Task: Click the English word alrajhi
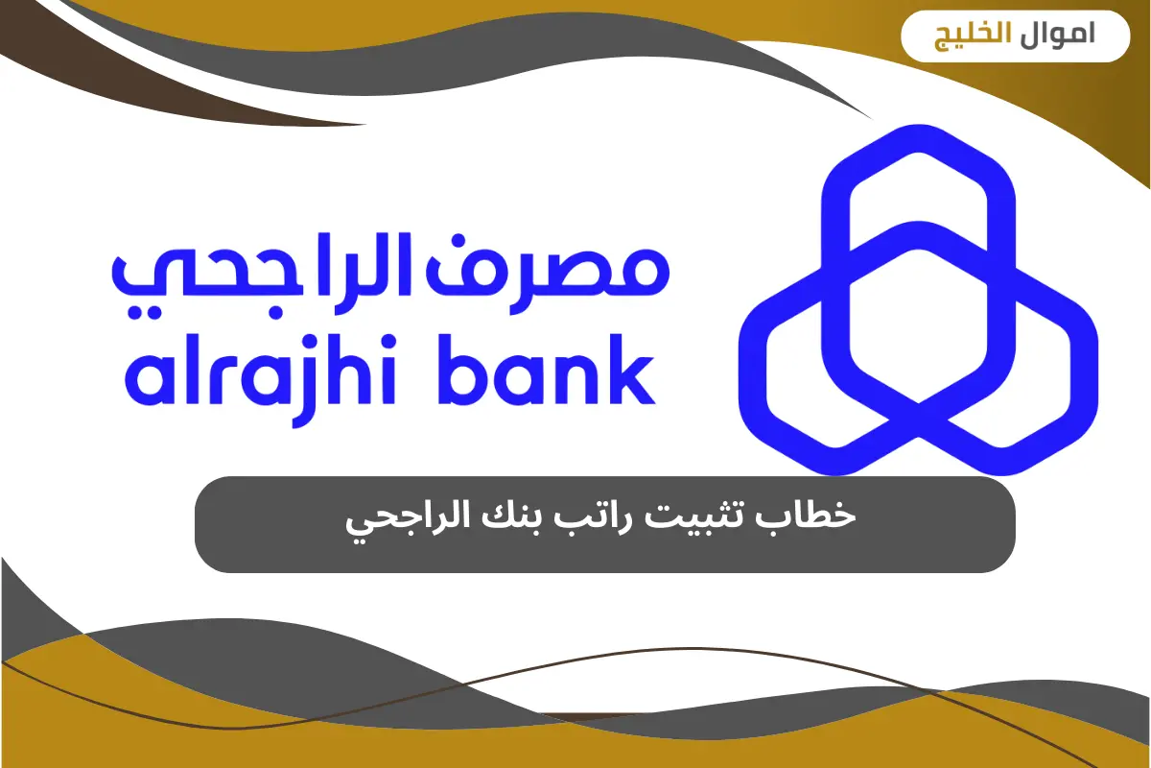click(x=278, y=378)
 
